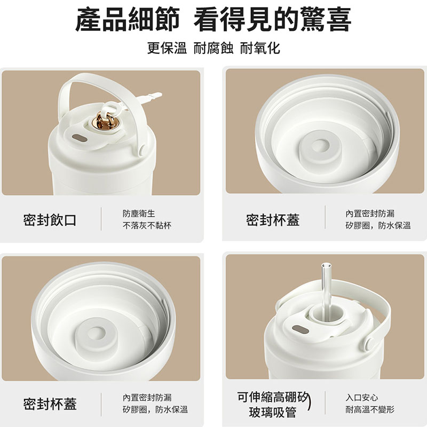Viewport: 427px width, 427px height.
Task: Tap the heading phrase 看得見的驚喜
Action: click(x=272, y=21)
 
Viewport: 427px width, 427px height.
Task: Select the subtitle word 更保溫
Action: click(x=167, y=49)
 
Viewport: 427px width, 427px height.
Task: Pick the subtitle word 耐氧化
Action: click(x=260, y=49)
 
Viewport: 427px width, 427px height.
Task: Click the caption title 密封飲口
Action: click(x=50, y=219)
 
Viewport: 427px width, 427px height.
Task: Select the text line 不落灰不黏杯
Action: click(x=147, y=226)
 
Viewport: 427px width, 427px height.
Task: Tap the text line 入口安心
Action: click(x=362, y=398)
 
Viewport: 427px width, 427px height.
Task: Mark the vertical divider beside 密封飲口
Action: click(x=101, y=219)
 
